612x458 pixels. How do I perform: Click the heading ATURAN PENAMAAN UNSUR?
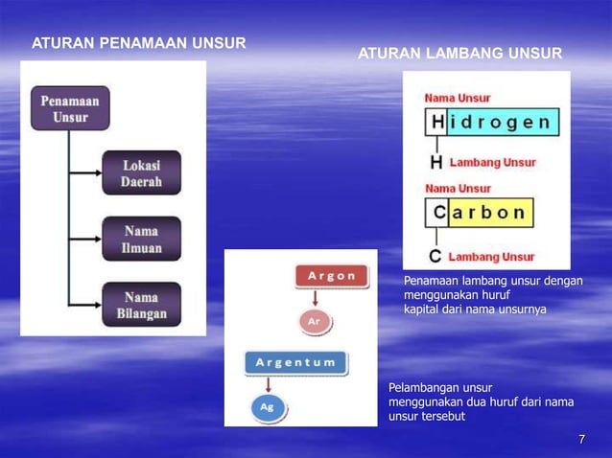(139, 43)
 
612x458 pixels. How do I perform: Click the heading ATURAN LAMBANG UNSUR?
(460, 52)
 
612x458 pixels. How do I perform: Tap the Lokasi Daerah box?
(140, 172)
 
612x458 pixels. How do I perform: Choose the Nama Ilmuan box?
(142, 240)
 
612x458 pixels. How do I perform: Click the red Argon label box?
(332, 276)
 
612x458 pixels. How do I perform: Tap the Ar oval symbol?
(314, 322)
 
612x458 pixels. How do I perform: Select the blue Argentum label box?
(295, 362)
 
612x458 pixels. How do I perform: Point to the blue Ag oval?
(268, 406)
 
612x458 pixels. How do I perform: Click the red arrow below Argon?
(315, 297)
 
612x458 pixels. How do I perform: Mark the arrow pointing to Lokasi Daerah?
(86, 173)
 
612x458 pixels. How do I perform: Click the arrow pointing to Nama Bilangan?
(86, 305)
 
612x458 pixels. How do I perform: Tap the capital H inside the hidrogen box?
(437, 122)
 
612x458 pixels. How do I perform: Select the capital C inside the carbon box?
(437, 212)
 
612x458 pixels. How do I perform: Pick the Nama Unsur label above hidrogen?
(458, 99)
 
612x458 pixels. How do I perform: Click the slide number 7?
(582, 439)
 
